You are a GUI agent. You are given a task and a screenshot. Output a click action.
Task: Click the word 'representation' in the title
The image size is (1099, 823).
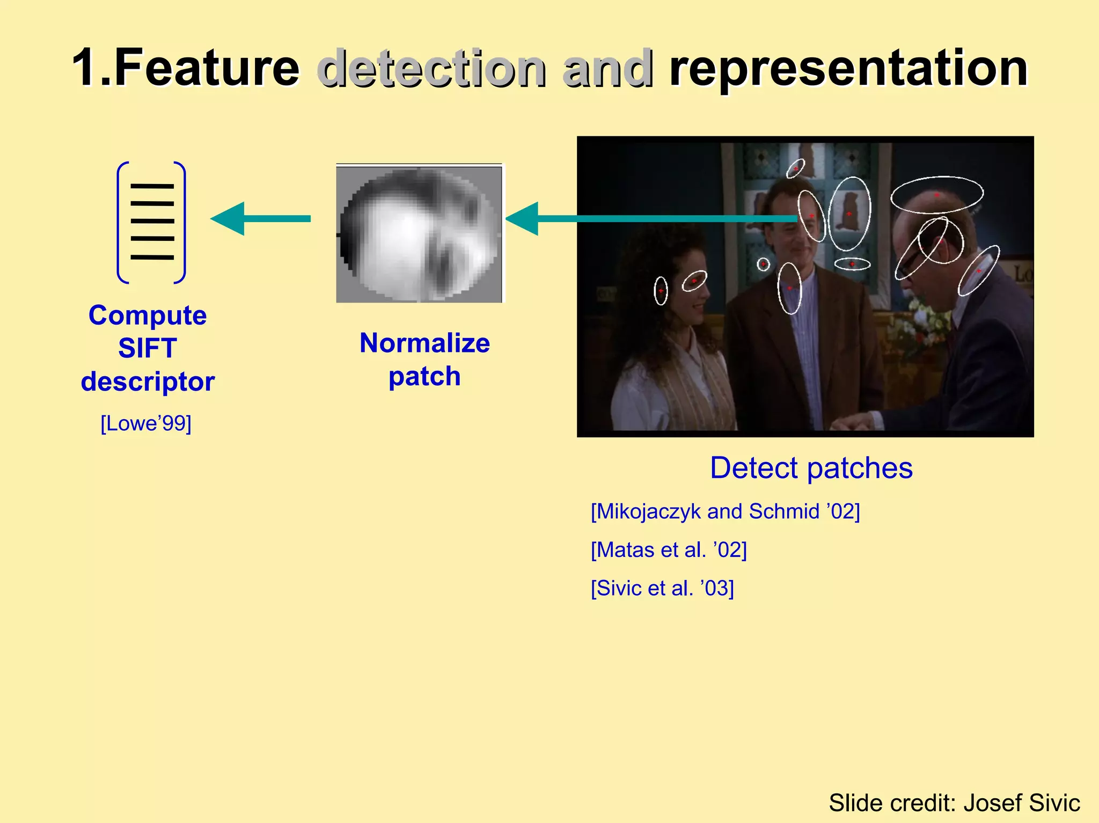click(848, 69)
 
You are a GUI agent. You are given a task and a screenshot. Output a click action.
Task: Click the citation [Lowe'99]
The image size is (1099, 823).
click(146, 423)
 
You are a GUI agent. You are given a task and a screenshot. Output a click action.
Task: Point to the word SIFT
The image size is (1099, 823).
click(148, 348)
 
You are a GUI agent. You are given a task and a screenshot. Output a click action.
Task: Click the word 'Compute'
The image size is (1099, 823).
click(148, 315)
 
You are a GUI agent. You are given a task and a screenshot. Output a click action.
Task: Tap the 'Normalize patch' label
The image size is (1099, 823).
click(424, 359)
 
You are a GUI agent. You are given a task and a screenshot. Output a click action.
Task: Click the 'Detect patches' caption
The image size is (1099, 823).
click(811, 468)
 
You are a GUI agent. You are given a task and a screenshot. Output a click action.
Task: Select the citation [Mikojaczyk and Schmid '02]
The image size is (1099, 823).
click(725, 511)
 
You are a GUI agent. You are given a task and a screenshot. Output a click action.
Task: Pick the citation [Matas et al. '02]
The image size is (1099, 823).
click(669, 550)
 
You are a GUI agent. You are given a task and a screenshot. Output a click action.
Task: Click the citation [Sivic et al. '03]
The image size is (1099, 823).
click(662, 589)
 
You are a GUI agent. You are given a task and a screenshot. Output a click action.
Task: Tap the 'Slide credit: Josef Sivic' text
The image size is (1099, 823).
click(954, 803)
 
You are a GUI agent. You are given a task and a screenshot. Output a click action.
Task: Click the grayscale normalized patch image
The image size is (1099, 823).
click(419, 234)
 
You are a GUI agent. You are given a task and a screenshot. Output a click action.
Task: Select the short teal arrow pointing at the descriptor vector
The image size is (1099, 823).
click(260, 218)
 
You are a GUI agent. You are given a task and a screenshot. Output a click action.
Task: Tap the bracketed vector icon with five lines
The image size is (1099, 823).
click(151, 222)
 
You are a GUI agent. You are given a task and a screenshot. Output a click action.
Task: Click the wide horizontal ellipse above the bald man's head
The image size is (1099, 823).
click(937, 194)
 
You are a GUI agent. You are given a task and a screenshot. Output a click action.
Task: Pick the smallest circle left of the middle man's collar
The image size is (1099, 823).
click(763, 264)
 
